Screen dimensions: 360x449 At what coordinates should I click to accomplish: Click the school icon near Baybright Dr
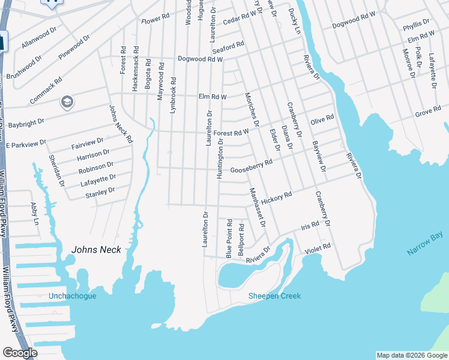click(67, 103)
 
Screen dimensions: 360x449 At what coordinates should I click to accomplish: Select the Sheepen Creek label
click(274, 296)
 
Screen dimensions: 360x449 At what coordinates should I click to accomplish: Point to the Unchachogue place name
click(72, 296)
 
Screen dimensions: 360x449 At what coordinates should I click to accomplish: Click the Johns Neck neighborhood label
click(97, 250)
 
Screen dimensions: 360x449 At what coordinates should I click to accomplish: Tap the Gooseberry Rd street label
click(252, 165)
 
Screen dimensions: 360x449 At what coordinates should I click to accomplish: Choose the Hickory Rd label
click(276, 196)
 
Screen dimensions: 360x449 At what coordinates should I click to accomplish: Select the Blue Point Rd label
click(229, 238)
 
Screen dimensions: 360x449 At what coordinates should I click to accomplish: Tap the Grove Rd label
click(427, 112)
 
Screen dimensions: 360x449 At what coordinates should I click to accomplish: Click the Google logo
click(20, 353)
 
